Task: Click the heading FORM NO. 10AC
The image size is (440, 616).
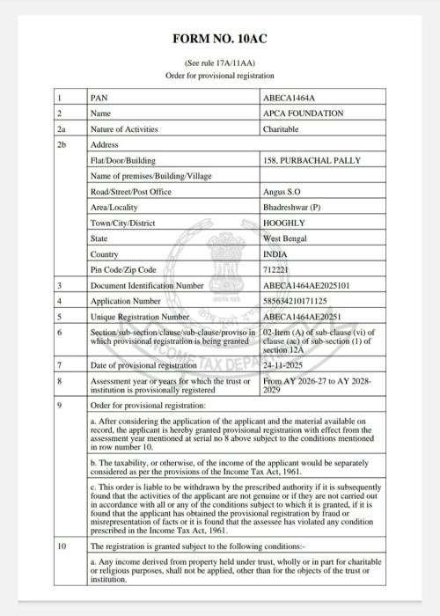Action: (219, 39)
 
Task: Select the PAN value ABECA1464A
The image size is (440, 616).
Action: (291, 98)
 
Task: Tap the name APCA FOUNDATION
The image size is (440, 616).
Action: (303, 114)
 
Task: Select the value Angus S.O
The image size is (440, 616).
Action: (282, 192)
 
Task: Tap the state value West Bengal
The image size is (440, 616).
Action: (284, 238)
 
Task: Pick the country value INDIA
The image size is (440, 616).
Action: (276, 254)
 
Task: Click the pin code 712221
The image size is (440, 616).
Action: (275, 269)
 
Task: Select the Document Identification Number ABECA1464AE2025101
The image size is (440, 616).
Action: (306, 285)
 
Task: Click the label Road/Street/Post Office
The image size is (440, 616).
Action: (131, 192)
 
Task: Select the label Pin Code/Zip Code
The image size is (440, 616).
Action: (123, 269)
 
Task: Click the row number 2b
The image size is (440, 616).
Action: (62, 144)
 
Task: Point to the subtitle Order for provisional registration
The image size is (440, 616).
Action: (219, 77)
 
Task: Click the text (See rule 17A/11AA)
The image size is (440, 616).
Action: (219, 64)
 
